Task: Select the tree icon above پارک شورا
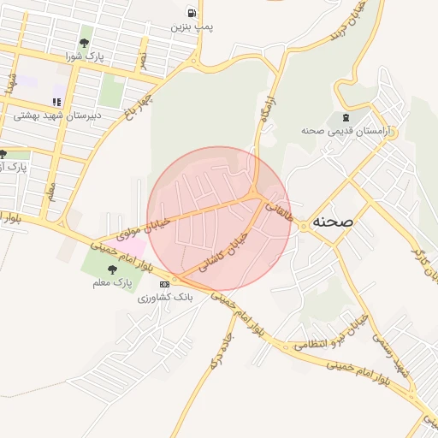click(84, 43)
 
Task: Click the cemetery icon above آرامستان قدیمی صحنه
click(345, 117)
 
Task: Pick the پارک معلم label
click(109, 281)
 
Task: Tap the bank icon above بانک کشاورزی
click(164, 284)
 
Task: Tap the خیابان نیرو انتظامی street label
click(329, 334)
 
